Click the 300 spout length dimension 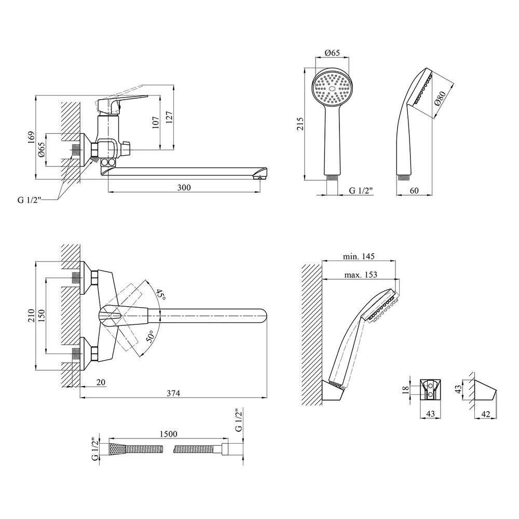click(184, 187)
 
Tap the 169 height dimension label click(31, 137)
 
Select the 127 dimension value click(169, 118)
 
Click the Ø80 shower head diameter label click(440, 99)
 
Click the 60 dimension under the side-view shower click(414, 191)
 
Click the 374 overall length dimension click(173, 393)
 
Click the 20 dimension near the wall click(101, 383)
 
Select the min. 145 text click(359, 256)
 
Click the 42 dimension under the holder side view click(485, 414)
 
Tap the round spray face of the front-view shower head click(332, 89)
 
